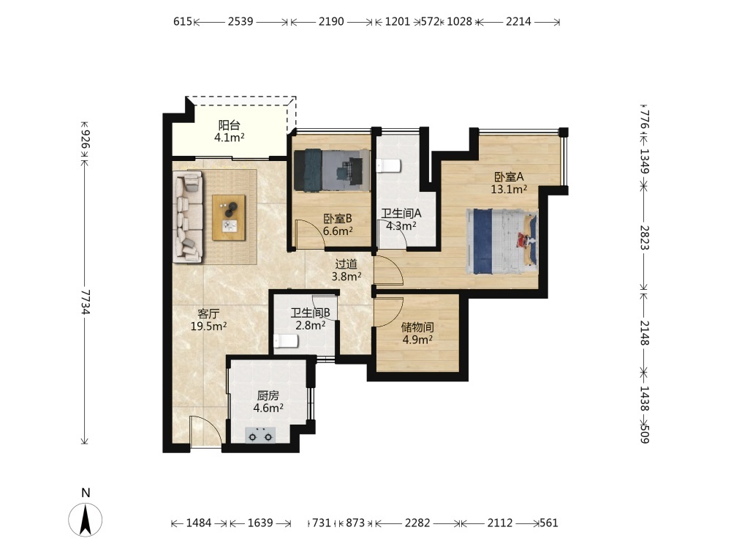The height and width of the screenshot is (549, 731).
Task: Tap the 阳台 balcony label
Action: point(230,125)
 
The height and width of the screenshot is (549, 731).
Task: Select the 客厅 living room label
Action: point(208,314)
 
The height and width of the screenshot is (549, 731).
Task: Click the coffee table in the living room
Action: point(228,217)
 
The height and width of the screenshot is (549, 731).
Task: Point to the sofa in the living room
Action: point(188,217)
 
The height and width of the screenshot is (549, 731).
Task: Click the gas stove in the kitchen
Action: point(260,435)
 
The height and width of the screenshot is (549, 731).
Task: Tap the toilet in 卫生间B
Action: point(286,342)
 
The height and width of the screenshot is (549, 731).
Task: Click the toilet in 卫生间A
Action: point(388,165)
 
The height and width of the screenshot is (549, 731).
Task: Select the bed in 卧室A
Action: point(501,241)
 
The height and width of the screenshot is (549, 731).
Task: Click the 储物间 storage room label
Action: point(417,326)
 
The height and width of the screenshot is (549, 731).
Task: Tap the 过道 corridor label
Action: point(346,264)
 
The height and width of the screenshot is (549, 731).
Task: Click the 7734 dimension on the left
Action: point(85,302)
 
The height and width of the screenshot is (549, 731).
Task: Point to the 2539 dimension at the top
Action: point(240,21)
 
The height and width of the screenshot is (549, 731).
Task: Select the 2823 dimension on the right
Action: point(644,238)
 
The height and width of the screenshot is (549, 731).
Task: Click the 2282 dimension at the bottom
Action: point(417,523)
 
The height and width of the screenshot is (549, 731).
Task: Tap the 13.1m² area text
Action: point(509,189)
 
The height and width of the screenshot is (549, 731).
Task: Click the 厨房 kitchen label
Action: point(268,396)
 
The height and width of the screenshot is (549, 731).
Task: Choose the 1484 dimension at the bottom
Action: point(199,523)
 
